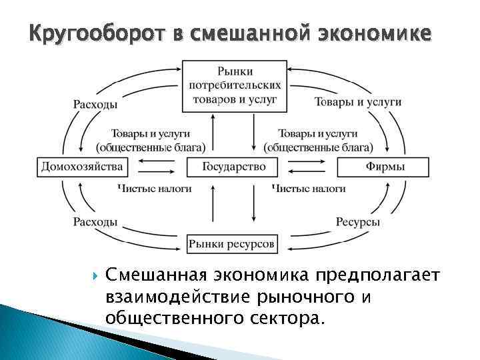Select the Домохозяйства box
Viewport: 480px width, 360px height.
click(x=82, y=167)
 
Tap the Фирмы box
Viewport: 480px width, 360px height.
click(x=384, y=167)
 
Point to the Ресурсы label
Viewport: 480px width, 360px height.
click(x=358, y=222)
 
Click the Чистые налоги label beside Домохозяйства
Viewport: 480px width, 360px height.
click(x=155, y=189)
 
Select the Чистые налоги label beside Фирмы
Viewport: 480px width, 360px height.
click(x=309, y=189)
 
